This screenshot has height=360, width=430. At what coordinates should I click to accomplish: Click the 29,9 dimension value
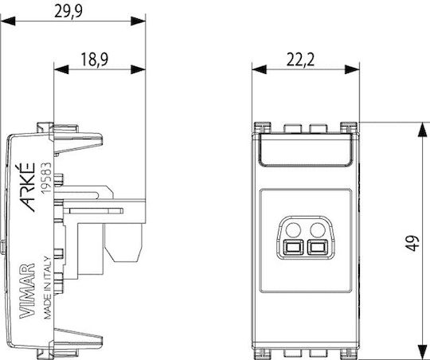68,11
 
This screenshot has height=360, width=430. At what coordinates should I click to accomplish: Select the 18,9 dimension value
95,60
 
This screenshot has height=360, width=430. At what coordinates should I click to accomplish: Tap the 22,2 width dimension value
300,60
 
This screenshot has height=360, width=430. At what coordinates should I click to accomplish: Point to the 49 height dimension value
412,243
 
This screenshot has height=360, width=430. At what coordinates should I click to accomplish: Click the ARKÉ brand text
28,187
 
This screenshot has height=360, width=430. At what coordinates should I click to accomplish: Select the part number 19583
46,178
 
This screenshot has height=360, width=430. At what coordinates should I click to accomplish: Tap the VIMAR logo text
27,292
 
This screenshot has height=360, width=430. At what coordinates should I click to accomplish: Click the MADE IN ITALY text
48,288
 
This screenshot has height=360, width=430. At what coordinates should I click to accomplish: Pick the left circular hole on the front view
293,230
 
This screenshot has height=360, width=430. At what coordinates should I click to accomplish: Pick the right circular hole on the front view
318,230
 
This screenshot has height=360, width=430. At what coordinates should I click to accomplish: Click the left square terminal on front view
293,247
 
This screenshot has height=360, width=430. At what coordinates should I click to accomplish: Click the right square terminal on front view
317,247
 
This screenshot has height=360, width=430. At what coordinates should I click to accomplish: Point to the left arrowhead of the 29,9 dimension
8,22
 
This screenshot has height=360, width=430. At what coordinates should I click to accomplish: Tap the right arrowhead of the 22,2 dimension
352,69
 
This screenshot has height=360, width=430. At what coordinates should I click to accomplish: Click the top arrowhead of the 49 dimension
422,130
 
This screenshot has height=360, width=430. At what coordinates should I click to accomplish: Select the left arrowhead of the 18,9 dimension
61,69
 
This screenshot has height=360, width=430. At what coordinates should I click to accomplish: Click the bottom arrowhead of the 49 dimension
422,352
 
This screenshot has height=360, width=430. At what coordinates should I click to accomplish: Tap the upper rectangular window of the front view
306,150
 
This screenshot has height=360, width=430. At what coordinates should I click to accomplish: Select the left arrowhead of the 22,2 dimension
259,69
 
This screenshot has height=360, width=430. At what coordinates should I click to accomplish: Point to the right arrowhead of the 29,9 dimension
138,22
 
